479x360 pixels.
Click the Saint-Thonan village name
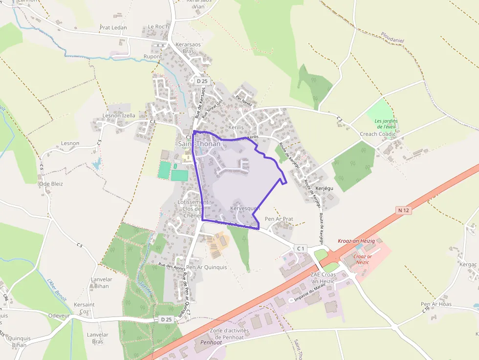(x=199, y=144)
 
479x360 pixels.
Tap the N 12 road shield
(x=403, y=210)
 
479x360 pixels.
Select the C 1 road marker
(x=300, y=249)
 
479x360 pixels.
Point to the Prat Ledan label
(x=113, y=28)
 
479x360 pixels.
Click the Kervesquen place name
(x=245, y=208)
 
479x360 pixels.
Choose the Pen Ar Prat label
(x=279, y=219)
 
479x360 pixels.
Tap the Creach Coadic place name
(x=378, y=134)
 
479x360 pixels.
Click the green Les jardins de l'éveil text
(x=386, y=124)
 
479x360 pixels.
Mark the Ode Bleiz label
(x=51, y=184)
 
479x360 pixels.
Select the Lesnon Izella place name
(x=119, y=116)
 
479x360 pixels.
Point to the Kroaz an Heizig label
(x=356, y=241)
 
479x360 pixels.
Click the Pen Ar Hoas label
(x=436, y=304)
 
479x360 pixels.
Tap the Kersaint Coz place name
(x=84, y=308)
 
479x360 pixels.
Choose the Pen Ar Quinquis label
(x=207, y=267)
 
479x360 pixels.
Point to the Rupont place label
(x=152, y=57)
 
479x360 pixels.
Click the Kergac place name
(x=468, y=264)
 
